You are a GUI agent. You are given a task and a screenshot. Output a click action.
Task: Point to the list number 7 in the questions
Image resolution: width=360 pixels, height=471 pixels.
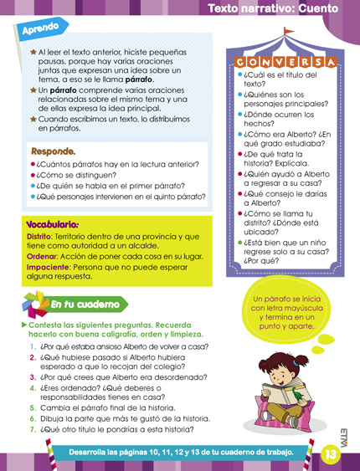[x=33, y=429]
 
